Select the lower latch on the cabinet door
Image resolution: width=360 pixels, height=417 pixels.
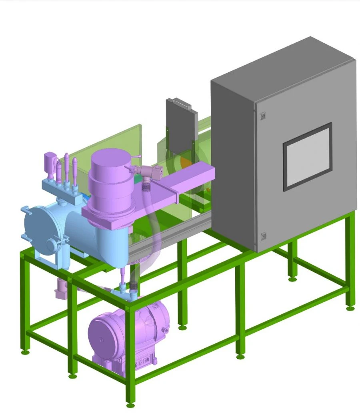pos(263,236)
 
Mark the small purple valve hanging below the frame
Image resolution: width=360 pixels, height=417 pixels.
pos(61,289)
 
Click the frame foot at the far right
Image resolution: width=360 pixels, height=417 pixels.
pos(350,308)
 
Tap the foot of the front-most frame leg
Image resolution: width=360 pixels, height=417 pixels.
pos(130,405)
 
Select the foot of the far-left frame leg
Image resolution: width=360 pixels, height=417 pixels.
pos(24,352)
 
